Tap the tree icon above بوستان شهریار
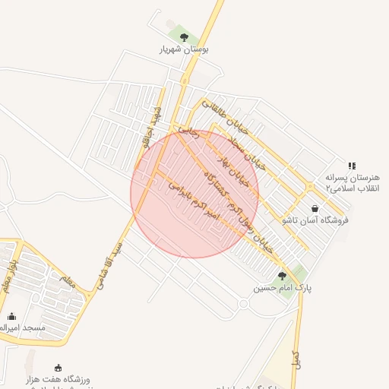coord(183,36)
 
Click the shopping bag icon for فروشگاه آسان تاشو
coord(315,208)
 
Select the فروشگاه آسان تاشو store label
coord(315,220)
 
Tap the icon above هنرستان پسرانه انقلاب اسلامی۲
coord(351,165)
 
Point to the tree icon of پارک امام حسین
coord(283,276)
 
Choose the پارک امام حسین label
coord(283,289)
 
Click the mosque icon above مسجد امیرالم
coord(11,315)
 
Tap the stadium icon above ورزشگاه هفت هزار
coord(59,367)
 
